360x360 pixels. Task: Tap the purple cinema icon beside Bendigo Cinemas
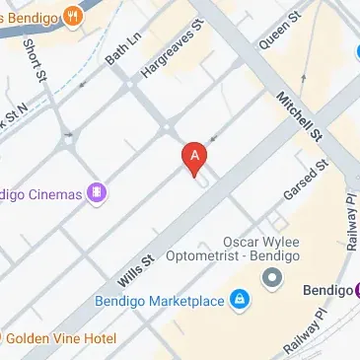tap(97, 193)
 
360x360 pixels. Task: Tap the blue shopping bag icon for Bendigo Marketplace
tap(239, 299)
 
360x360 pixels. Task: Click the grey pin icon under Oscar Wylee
tap(272, 280)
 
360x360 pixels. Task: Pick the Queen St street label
tap(279, 34)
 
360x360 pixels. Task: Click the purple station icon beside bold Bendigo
tap(356, 290)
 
